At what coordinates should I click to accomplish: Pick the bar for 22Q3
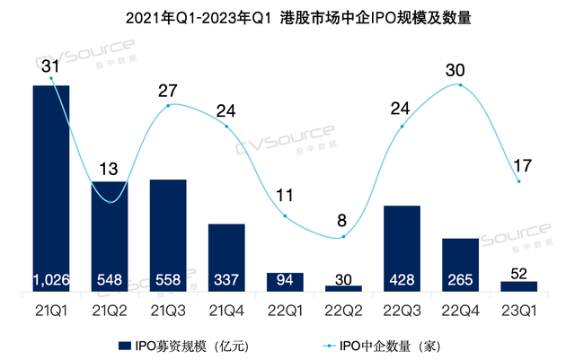tap(402, 248)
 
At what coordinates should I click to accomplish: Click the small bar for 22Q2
tap(343, 288)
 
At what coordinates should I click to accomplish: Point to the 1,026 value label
tap(51, 279)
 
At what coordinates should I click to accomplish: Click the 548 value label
tap(110, 279)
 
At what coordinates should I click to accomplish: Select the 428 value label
tap(402, 279)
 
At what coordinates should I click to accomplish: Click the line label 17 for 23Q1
tap(518, 165)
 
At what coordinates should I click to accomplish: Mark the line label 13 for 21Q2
tap(110, 169)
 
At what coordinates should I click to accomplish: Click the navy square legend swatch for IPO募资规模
tap(127, 345)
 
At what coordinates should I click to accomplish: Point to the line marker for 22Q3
tap(402, 126)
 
